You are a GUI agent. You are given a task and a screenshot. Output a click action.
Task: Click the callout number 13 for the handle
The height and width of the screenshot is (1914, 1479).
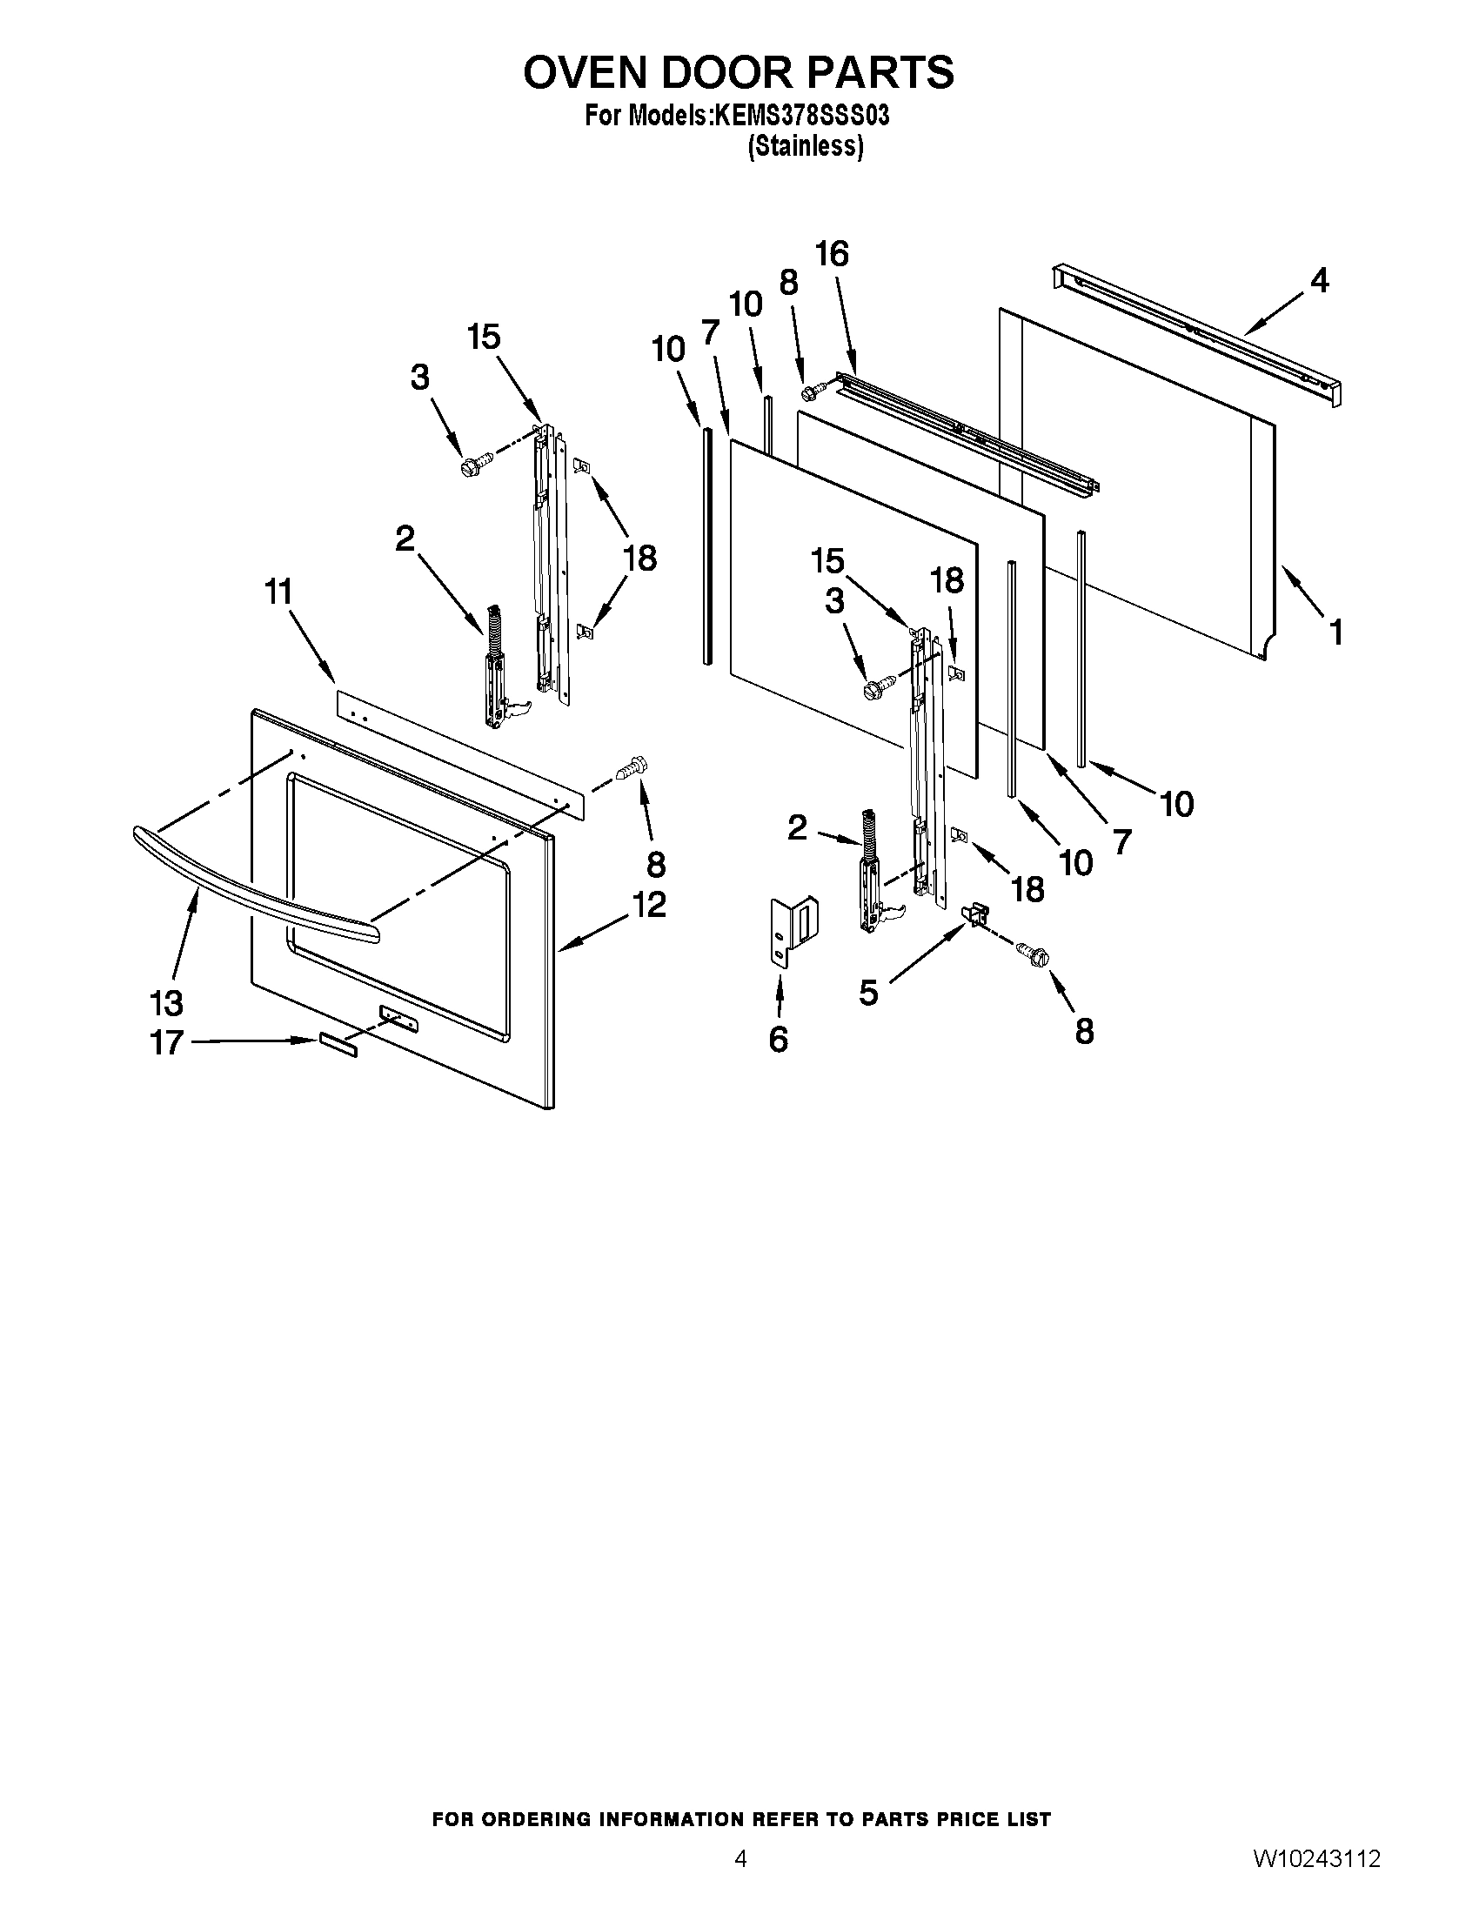click(x=166, y=1001)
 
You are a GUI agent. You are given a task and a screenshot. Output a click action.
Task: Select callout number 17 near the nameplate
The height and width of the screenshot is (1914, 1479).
click(x=166, y=1042)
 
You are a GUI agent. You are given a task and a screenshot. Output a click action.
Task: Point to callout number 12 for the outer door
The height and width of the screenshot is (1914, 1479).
click(x=650, y=905)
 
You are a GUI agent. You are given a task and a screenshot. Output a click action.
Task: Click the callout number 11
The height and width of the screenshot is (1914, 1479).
click(x=278, y=592)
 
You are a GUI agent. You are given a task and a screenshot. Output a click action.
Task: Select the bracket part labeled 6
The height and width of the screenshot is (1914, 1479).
click(x=793, y=931)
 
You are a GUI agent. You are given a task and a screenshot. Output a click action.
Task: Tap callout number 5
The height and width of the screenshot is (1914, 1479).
click(x=867, y=993)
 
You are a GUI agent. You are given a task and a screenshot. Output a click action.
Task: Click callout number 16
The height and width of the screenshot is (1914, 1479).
click(x=832, y=254)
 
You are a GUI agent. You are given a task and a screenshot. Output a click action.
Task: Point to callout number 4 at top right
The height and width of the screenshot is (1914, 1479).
click(x=1319, y=280)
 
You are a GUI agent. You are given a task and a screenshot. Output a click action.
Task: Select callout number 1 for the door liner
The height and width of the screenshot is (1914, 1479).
click(x=1335, y=632)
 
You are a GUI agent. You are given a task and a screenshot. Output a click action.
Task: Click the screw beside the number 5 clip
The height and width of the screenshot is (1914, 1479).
click(x=1032, y=954)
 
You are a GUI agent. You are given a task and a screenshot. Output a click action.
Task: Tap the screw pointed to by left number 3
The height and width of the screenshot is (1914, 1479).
click(x=469, y=465)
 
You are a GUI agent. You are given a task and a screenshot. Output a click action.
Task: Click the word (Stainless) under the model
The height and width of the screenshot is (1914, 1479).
click(x=806, y=146)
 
